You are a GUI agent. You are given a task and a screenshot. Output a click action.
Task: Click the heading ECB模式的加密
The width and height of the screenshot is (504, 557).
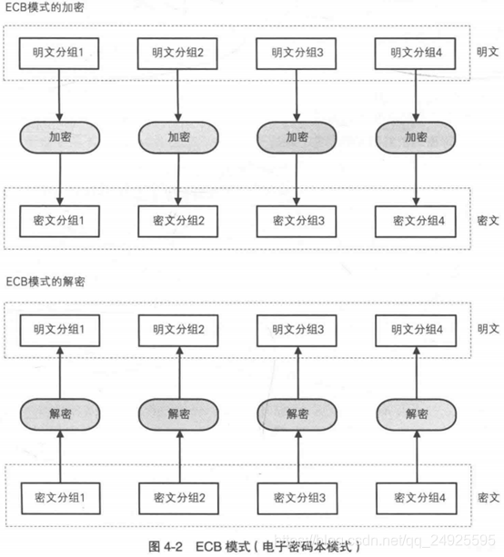point(45,7)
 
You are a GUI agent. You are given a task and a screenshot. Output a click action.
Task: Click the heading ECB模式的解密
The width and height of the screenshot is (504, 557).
point(45,282)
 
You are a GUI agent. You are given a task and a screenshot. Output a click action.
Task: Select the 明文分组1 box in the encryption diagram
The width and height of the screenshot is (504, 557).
point(59,54)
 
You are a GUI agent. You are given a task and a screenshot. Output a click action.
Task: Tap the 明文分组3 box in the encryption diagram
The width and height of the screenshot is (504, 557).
point(297,54)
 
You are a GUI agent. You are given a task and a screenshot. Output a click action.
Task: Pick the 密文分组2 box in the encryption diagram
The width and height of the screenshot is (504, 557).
point(177,221)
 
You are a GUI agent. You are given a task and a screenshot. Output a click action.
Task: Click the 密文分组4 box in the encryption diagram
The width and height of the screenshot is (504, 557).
point(416,221)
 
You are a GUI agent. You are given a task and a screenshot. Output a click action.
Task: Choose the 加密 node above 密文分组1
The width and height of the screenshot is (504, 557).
point(60,137)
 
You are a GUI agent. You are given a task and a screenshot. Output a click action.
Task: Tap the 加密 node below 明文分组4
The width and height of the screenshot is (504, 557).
point(416,137)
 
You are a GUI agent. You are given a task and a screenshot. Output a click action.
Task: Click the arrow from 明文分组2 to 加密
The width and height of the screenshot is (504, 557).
point(177,95)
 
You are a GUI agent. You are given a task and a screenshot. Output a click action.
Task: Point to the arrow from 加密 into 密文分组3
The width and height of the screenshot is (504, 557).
point(297,179)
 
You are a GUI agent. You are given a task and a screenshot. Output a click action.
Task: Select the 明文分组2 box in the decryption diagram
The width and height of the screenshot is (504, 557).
point(178,331)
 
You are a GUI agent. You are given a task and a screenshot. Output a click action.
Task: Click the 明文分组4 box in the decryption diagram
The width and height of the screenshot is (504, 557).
point(416,331)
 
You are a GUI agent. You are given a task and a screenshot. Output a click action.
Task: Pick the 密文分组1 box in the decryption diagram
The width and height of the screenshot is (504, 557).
point(60,498)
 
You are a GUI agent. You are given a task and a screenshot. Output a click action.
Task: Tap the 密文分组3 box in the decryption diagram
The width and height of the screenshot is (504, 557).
point(297,498)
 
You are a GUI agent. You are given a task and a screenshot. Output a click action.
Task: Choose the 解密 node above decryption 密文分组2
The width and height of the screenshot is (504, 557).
point(178,414)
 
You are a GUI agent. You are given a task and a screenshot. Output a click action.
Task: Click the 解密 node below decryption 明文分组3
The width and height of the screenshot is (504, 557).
point(297,414)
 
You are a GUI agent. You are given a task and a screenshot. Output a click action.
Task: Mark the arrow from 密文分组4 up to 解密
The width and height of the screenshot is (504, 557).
point(417,456)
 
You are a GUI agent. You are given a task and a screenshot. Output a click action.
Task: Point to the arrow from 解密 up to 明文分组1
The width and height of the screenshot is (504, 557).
point(60,373)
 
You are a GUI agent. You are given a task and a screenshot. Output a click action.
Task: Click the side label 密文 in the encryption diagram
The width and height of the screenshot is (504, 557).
point(488,221)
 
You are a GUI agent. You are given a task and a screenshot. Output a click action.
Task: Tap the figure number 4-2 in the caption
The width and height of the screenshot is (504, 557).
point(174,546)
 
